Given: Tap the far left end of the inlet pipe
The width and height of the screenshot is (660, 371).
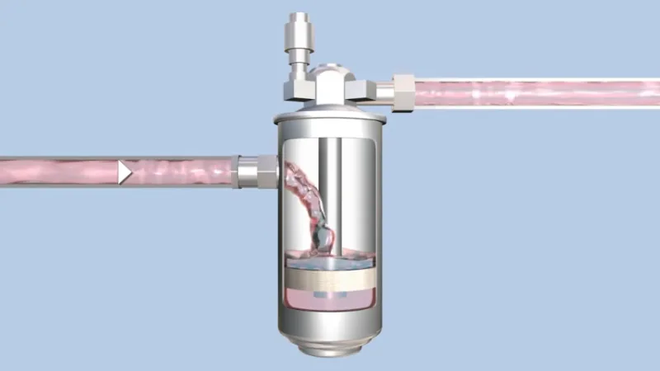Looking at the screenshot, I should (7, 171).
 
